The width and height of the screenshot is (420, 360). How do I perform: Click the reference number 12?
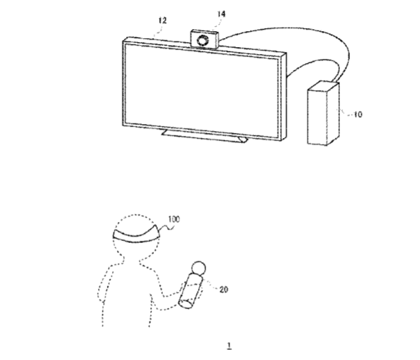[x=162, y=20]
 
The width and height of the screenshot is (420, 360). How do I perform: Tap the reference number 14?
[x=221, y=14]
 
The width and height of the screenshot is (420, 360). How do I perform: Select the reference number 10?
[x=358, y=114]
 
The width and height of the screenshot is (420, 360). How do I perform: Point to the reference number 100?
[x=174, y=219]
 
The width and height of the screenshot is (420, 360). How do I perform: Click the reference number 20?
[x=223, y=289]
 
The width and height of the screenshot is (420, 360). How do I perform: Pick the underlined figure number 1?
[x=229, y=346]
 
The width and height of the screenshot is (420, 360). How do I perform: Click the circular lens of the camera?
[x=202, y=41]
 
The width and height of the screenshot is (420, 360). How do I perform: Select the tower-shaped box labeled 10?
[x=323, y=113]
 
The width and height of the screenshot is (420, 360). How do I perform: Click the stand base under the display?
[x=204, y=136]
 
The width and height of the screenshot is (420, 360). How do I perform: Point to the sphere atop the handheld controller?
[x=199, y=268]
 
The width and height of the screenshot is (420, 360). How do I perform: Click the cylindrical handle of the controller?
[x=190, y=291]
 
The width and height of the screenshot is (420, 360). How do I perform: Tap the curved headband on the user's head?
[x=136, y=236]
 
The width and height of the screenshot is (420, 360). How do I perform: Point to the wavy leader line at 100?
[x=167, y=228]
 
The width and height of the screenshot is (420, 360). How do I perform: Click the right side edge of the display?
[x=284, y=96]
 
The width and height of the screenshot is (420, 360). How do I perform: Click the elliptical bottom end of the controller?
[x=186, y=304]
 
